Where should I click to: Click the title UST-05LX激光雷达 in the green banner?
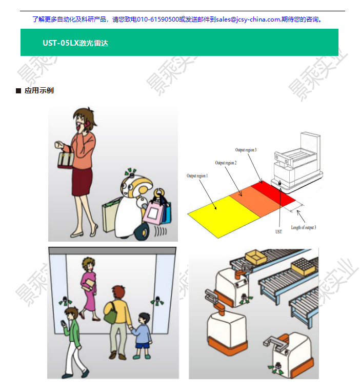click(75, 43)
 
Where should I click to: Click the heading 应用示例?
click(39, 91)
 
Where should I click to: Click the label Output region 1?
click(196, 176)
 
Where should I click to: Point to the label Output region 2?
click(226, 163)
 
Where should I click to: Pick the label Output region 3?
click(246, 150)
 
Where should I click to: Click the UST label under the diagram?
click(279, 231)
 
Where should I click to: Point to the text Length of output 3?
click(304, 227)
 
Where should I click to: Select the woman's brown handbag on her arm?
click(65, 161)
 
